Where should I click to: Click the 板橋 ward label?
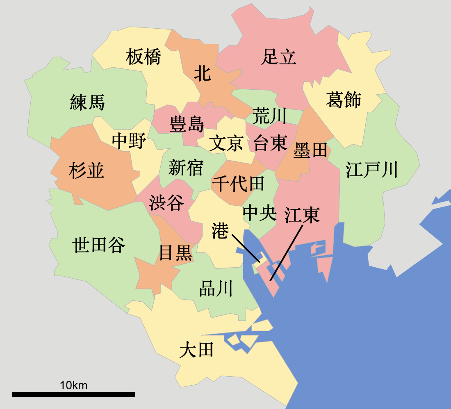tap(143, 57)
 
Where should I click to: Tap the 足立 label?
tap(279, 57)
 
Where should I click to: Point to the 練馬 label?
tap(87, 102)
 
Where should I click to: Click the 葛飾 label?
tap(344, 100)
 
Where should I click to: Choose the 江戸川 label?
tap(372, 169)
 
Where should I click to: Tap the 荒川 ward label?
tap(269, 116)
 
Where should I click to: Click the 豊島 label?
tap(187, 124)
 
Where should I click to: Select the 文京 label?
tap(226, 144)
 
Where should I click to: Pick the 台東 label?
tap(270, 143)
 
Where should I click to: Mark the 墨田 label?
tap(310, 150)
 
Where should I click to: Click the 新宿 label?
tap(186, 168)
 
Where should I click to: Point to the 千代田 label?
tap(238, 184)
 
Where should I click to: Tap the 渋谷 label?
tap(166, 202)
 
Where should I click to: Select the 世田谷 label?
tap(99, 245)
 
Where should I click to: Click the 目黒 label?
tap(175, 253)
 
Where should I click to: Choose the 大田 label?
tap(196, 351)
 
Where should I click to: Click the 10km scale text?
tap(74, 385)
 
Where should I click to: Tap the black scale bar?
tap(74, 394)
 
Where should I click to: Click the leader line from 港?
tap(246, 248)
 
